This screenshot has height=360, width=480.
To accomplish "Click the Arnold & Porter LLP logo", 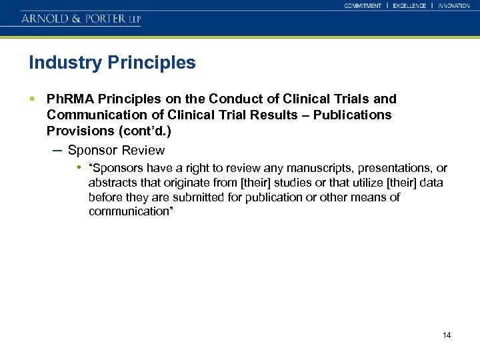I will point(81,18).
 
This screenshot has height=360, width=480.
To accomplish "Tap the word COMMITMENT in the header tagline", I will point(363,6).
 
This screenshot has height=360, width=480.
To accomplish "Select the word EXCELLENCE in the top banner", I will point(409,6).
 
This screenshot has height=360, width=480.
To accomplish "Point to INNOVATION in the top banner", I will point(454,6).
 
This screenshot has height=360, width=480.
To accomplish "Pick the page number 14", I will point(446,335).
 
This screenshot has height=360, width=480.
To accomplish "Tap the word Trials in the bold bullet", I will point(349,99).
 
